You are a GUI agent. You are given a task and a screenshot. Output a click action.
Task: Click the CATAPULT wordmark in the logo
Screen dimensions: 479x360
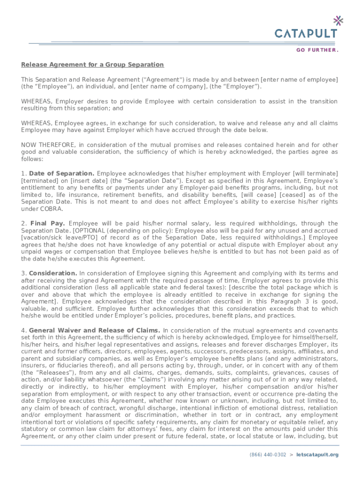[305, 33]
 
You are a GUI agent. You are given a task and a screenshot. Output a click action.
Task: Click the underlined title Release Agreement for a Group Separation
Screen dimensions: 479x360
[92, 65]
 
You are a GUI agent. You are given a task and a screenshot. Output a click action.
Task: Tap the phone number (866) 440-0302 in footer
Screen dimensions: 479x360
[268, 455]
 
